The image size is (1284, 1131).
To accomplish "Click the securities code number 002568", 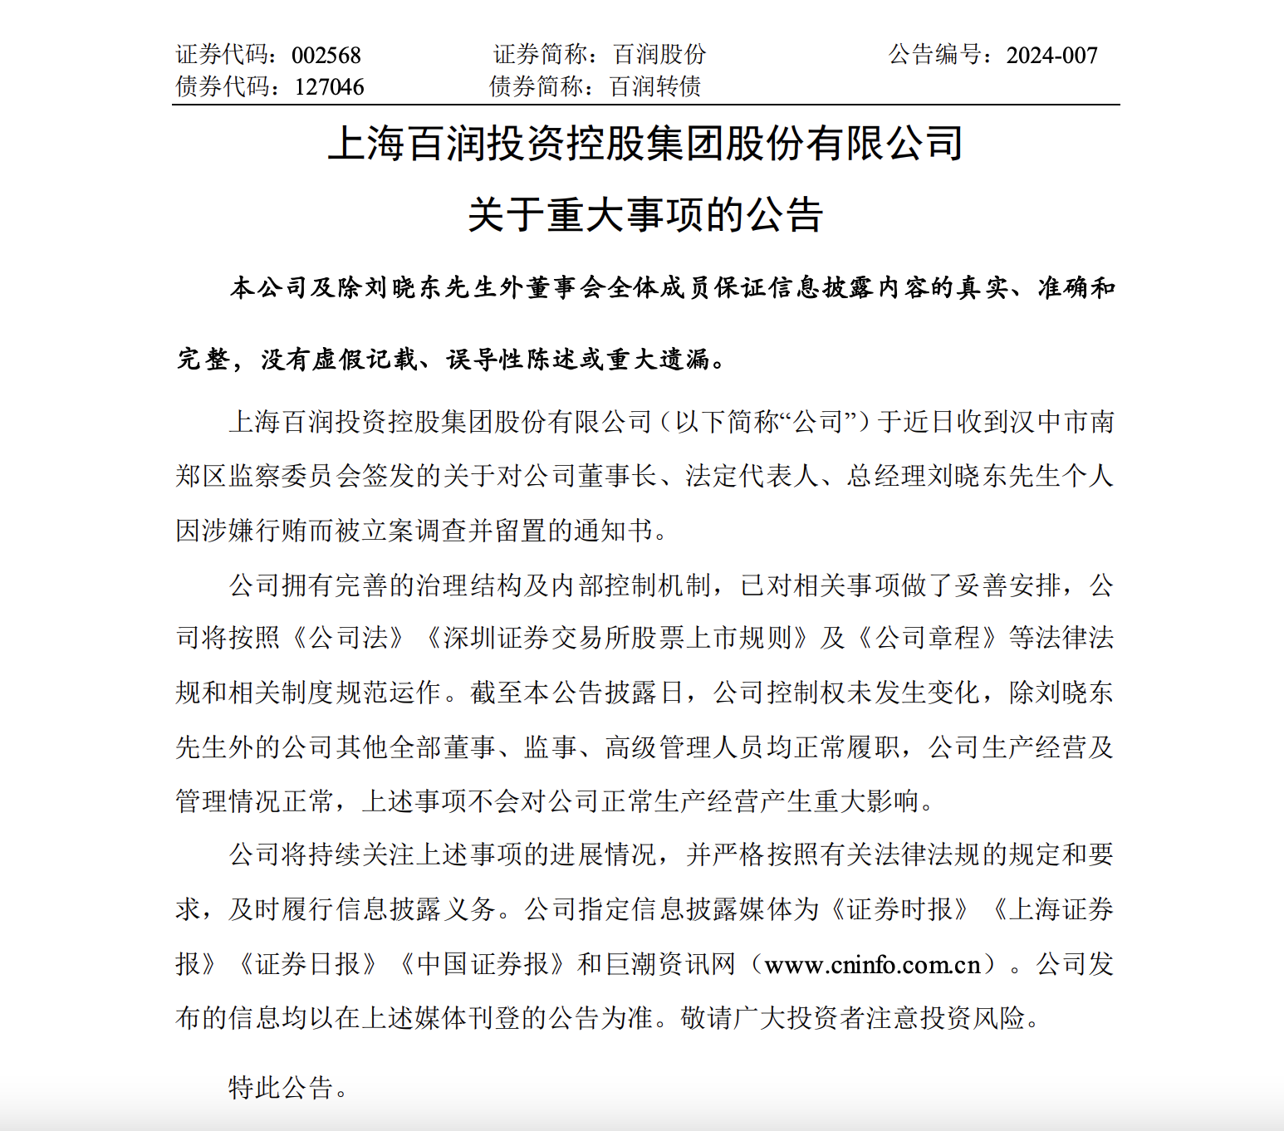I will coord(326,56).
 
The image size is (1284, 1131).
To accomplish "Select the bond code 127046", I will coord(329,86).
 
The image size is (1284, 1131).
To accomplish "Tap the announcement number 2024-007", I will coord(1051,56).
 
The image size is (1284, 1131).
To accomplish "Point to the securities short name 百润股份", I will coord(659,55).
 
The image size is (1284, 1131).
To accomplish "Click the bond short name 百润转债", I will coord(655,86).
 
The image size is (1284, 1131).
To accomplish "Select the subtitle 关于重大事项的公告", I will coord(645,215).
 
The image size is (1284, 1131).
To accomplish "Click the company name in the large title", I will coord(645,144).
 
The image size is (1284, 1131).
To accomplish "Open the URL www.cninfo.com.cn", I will coord(872,965).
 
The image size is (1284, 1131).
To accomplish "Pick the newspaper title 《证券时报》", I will coord(899,910).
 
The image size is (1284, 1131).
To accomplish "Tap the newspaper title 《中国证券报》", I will coord(482,965).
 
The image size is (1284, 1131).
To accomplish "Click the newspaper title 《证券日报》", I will coord(307,965).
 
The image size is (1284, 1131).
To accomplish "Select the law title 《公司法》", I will coord(348,639).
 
